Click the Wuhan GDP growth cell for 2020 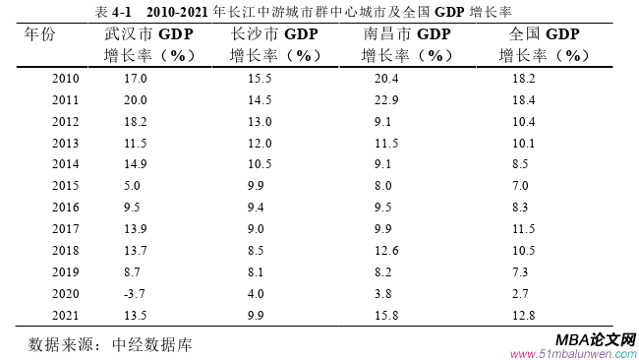[132, 294]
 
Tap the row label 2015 [65, 186]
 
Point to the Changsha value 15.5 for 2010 [260, 78]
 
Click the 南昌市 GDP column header [405, 44]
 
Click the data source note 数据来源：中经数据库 [110, 345]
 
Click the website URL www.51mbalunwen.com [573, 352]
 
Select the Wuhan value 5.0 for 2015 [132, 186]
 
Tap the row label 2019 [65, 272]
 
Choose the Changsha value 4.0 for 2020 [257, 294]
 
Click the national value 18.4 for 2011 [523, 99]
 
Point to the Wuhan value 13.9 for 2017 [135, 229]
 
